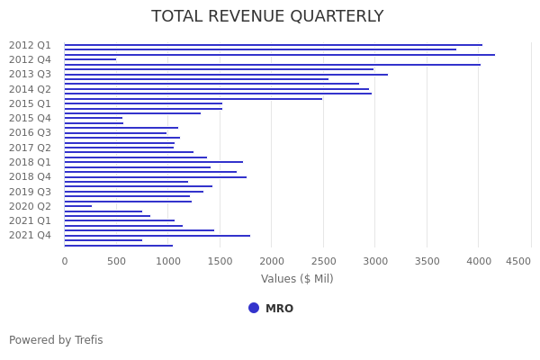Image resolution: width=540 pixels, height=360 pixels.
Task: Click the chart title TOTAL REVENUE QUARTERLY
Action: click(x=267, y=17)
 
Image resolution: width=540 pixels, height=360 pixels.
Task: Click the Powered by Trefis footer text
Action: click(x=56, y=340)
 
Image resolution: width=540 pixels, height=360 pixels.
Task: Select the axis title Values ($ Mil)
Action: click(x=297, y=279)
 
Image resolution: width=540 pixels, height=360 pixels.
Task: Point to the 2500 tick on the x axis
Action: click(x=323, y=261)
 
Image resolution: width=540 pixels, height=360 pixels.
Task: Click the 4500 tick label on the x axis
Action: click(x=518, y=261)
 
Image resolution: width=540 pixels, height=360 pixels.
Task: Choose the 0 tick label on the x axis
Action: click(x=64, y=261)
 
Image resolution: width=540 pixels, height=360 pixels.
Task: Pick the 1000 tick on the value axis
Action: click(x=167, y=261)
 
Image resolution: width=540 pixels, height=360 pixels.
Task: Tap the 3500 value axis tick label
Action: click(x=427, y=261)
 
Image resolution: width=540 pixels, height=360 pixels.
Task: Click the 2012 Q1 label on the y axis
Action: click(x=30, y=45)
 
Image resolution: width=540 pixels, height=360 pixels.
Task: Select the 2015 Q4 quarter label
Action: click(x=30, y=118)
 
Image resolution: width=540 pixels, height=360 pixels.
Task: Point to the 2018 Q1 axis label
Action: click(x=30, y=162)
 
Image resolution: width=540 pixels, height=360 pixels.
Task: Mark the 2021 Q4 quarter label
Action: click(x=30, y=235)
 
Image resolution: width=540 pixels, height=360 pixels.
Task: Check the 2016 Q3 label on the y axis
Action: click(x=30, y=132)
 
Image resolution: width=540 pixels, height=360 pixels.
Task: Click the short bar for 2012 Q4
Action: click(x=90, y=59)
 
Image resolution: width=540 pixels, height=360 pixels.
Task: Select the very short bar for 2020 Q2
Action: click(x=78, y=206)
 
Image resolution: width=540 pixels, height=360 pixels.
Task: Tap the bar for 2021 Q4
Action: click(x=157, y=236)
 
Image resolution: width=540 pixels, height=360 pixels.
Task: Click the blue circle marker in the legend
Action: click(x=254, y=308)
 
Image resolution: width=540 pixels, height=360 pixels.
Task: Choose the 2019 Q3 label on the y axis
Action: click(x=30, y=192)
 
